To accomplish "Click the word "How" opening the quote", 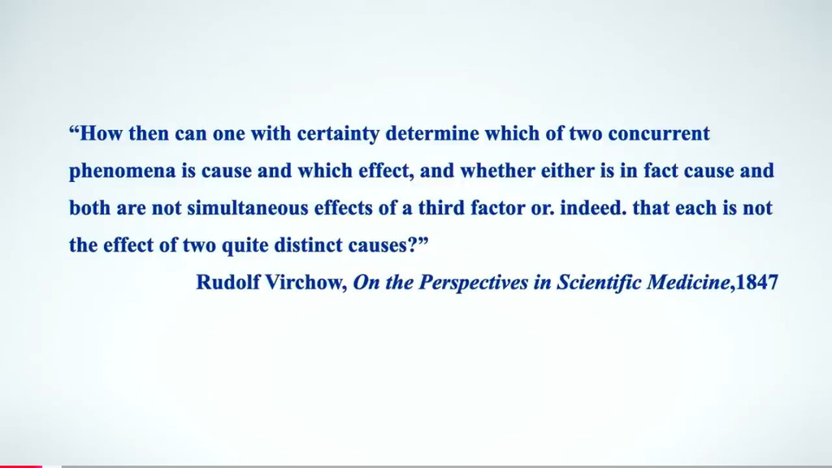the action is tap(102, 133).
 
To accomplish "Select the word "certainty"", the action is tap(338, 134).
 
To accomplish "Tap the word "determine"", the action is tap(432, 133).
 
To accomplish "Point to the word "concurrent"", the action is tap(658, 134).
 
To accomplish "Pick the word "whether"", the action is tap(498, 171).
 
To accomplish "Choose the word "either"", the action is tap(565, 171).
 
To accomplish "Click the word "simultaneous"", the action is tap(248, 207).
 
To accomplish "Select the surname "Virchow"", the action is tap(305, 282).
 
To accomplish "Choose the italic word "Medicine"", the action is tap(688, 282).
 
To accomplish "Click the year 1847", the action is tap(757, 282).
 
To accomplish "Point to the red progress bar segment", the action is tap(20, 466).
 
